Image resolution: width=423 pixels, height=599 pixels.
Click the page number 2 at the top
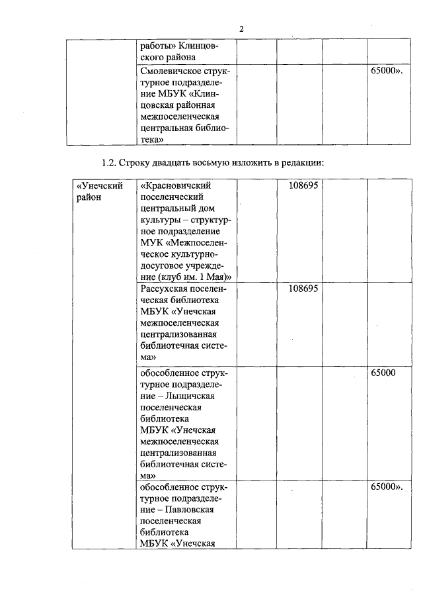(x=241, y=29)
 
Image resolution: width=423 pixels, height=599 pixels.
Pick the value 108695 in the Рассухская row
(x=303, y=289)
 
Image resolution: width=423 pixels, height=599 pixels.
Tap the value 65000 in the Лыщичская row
(x=383, y=373)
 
